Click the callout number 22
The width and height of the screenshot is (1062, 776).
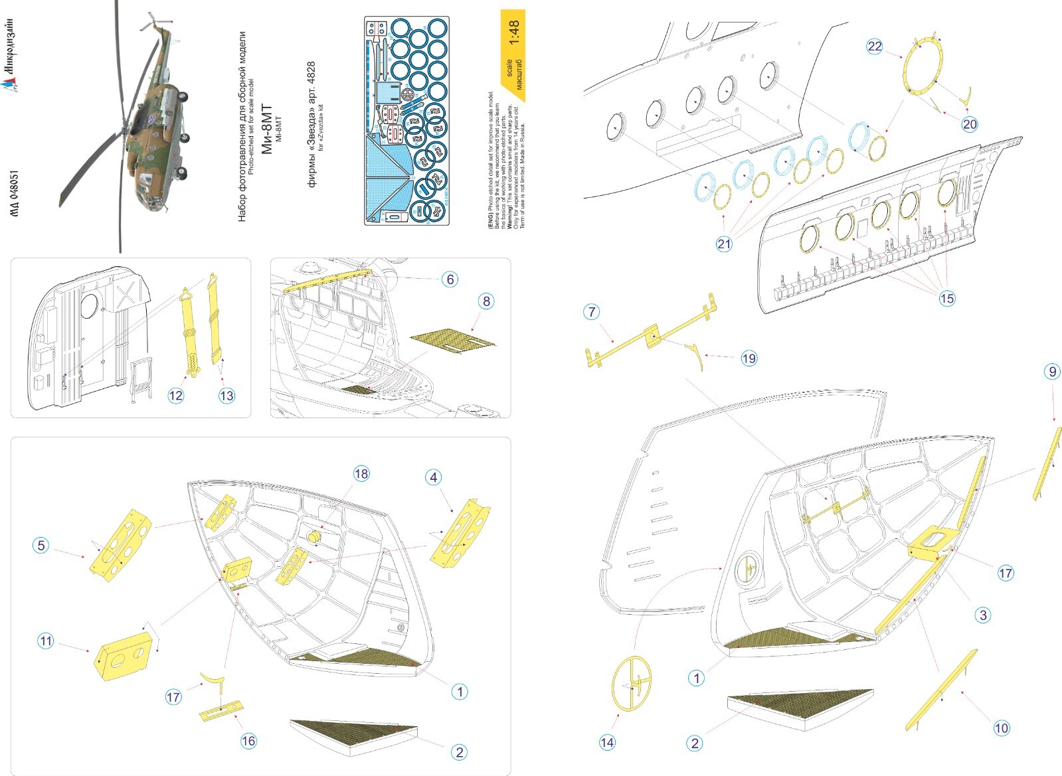click(x=874, y=46)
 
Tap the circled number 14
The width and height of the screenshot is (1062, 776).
click(x=607, y=742)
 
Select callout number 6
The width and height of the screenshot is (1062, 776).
click(x=450, y=279)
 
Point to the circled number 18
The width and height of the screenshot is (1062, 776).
click(x=361, y=473)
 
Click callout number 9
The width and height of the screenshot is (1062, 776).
click(x=1051, y=372)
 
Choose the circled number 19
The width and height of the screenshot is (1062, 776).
click(x=749, y=358)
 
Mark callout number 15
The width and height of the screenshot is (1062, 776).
click(x=946, y=299)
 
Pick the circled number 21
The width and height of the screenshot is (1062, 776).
click(x=723, y=244)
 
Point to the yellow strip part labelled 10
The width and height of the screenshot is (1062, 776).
click(x=941, y=687)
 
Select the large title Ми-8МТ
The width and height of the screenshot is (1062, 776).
click(x=266, y=129)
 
